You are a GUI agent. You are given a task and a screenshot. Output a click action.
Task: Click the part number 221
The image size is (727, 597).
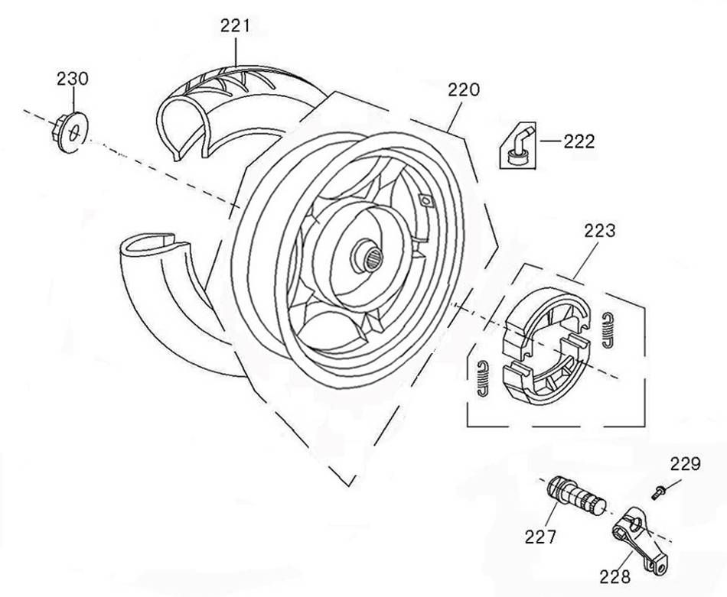[x=235, y=25]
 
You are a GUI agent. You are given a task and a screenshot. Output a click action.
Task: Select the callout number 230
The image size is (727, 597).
[x=73, y=78]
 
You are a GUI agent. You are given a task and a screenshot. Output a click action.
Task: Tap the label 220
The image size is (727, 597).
[x=464, y=89]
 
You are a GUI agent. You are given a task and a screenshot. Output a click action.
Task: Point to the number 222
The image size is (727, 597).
[x=579, y=141]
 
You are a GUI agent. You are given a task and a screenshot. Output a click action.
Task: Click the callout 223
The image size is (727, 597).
[x=600, y=230]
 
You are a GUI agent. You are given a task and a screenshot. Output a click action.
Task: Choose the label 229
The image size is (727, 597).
[x=685, y=463]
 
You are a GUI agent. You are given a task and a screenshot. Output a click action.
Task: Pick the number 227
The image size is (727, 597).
[x=540, y=537]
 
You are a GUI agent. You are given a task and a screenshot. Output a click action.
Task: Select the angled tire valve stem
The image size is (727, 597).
[x=517, y=147]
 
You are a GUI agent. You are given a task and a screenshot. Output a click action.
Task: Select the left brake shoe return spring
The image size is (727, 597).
[x=482, y=378]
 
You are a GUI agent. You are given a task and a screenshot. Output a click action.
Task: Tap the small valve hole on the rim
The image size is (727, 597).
[x=426, y=202]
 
